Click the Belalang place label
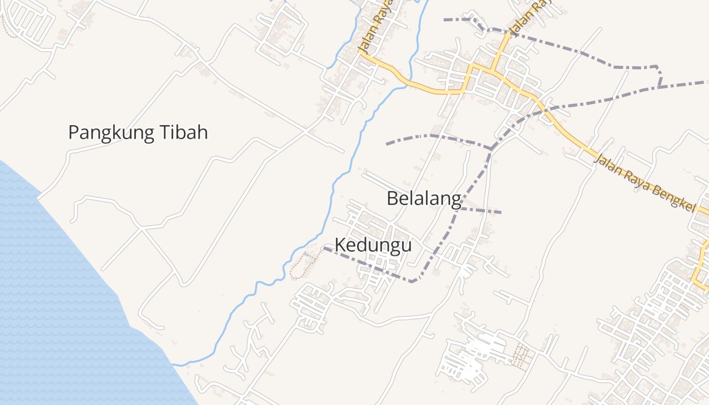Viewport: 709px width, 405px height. click(424, 198)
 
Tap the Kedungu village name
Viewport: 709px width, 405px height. click(373, 246)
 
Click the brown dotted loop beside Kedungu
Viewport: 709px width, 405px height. click(303, 265)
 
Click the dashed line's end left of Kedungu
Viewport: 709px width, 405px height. click(325, 248)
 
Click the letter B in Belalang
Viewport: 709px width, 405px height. click(392, 198)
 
